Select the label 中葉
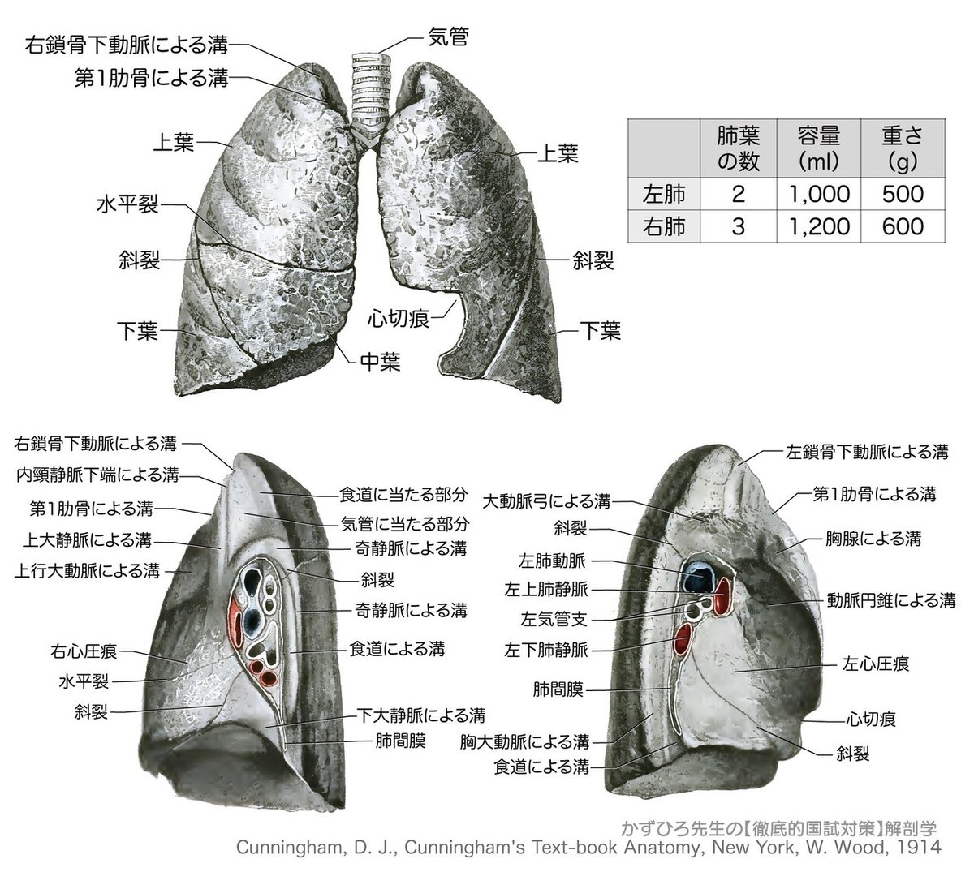380,361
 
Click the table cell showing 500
903,194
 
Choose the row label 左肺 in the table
664,194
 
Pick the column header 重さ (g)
903,146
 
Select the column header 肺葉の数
738,146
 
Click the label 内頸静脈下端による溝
97,474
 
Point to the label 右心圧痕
84,651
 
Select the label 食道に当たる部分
403,492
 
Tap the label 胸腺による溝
873,538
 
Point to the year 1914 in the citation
913,847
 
